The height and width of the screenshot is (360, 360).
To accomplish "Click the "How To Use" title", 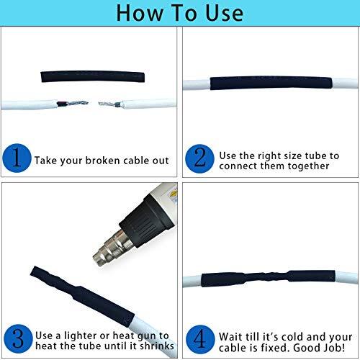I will click(x=179, y=12).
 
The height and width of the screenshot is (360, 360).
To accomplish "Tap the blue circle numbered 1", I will click(x=16, y=158).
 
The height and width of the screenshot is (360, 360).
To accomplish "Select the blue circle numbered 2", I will click(x=198, y=158).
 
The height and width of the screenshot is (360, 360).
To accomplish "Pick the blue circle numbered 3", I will click(x=16, y=336).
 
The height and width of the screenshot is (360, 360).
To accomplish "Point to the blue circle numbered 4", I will click(x=198, y=336).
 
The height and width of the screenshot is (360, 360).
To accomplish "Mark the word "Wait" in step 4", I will click(x=228, y=335).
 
